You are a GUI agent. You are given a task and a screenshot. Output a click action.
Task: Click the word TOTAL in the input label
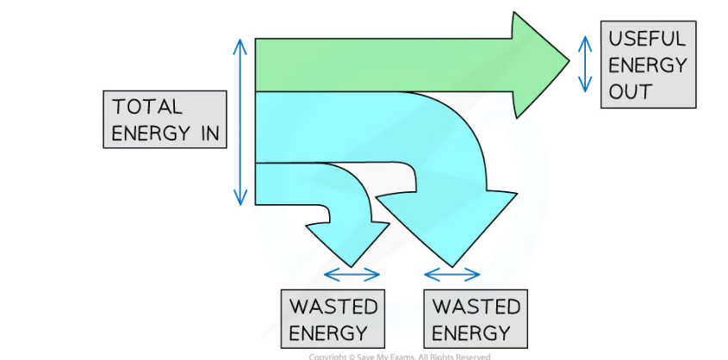(147, 107)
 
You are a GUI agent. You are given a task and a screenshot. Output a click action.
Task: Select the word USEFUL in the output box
(647, 39)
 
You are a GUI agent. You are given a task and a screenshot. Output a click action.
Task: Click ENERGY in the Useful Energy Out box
(647, 65)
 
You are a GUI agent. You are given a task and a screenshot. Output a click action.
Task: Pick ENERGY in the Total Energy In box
(152, 133)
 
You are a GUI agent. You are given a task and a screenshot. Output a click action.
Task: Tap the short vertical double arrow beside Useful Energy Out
(585, 63)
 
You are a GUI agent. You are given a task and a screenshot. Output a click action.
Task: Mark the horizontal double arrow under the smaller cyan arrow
(351, 276)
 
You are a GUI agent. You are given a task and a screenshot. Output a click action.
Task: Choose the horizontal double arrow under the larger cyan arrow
(452, 276)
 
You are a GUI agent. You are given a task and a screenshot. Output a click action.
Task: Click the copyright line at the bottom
(400, 356)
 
